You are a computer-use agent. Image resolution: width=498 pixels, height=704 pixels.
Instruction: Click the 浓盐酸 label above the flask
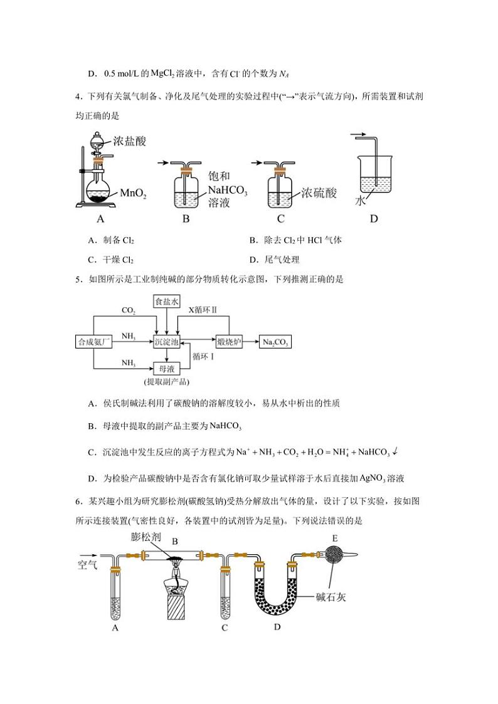130,141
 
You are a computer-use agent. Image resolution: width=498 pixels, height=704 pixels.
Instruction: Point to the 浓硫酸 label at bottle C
319,192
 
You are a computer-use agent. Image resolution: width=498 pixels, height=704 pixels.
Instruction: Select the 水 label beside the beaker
360,201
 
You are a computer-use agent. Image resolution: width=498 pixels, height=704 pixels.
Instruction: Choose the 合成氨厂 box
93,342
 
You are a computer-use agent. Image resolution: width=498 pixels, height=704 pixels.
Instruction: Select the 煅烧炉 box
229,342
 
